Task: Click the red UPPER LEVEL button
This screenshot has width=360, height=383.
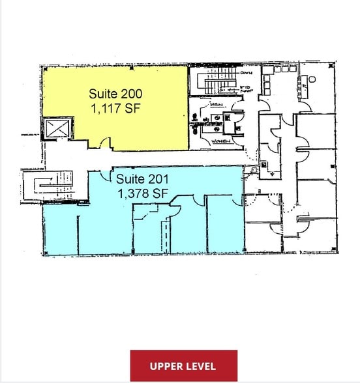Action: tap(183, 365)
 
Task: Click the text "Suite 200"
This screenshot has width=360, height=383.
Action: tap(115, 93)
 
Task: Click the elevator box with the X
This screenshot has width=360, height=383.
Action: tap(56, 128)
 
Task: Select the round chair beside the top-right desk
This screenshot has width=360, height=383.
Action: tap(311, 79)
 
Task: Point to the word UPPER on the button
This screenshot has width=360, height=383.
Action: tap(166, 365)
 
